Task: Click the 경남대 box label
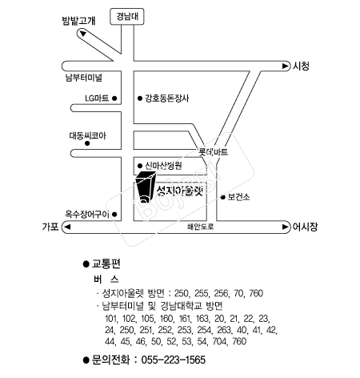[127, 17]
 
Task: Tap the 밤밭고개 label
[78, 21]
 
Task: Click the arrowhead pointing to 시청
[286, 66]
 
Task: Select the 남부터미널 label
[84, 78]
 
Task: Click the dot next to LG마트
[114, 99]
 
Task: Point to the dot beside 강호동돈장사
[140, 99]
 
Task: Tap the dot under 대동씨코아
[87, 143]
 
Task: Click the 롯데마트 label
[214, 152]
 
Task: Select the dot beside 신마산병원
[140, 166]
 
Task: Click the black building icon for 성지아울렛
[145, 187]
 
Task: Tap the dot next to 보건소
[223, 197]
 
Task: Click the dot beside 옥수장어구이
[114, 214]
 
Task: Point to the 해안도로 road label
[201, 227]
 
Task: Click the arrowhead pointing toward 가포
[67, 227]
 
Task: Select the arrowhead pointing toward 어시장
[286, 227]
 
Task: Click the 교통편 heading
[106, 263]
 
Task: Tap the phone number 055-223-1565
[174, 360]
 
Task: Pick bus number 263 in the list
[224, 330]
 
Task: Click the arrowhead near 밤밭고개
[83, 34]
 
